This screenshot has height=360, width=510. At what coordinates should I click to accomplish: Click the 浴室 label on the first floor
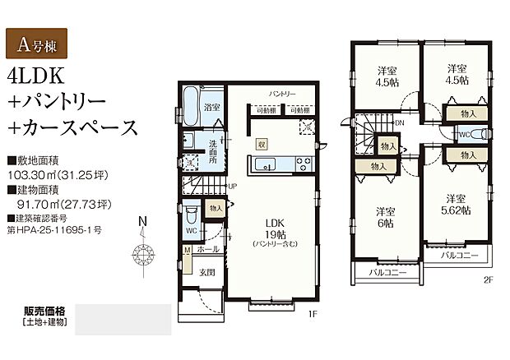211,108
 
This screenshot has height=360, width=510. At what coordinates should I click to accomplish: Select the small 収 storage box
262,142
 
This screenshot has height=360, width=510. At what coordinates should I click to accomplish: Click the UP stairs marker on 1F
233,186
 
